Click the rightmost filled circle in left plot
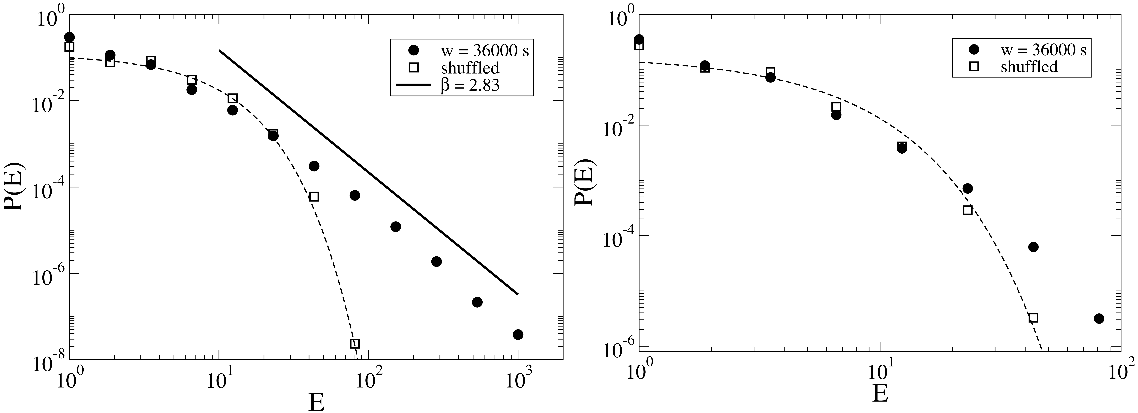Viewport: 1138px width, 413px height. tap(518, 335)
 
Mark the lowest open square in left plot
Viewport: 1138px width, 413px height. tap(355, 343)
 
